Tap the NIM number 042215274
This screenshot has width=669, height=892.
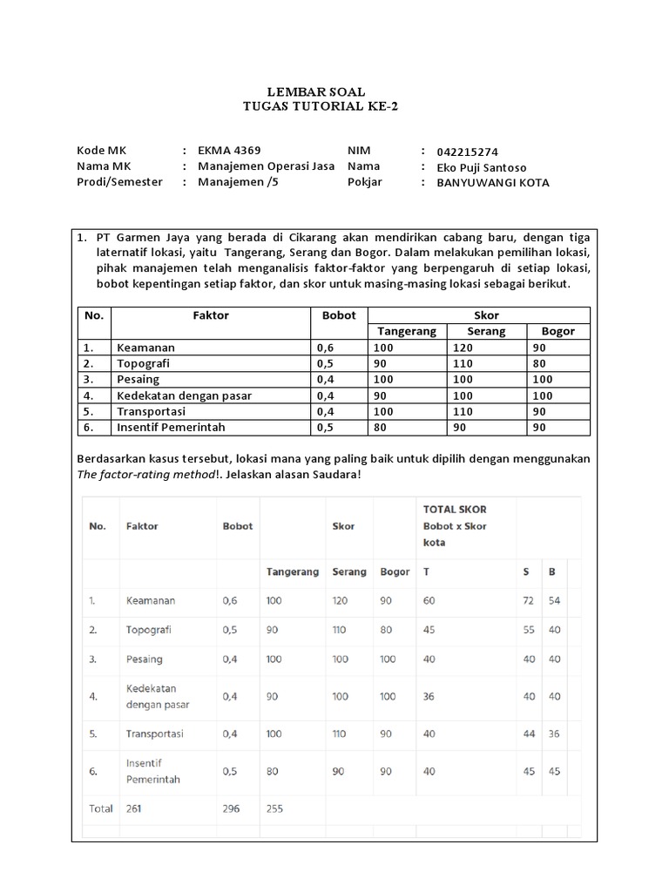click(x=468, y=152)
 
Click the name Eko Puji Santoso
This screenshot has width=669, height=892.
click(x=482, y=167)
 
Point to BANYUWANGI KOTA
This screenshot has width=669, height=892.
click(x=493, y=183)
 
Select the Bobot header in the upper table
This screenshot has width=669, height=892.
click(x=339, y=315)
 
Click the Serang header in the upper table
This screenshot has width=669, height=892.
click(x=486, y=331)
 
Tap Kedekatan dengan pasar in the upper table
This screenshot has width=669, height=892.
click(x=184, y=395)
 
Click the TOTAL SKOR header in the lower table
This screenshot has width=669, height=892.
click(x=454, y=509)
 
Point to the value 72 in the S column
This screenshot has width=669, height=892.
click(x=527, y=601)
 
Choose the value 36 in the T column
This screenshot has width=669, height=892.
click(x=429, y=696)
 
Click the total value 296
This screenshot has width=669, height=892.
click(x=231, y=808)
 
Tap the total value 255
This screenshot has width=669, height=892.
click(x=274, y=808)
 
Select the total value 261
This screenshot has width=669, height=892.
click(x=133, y=808)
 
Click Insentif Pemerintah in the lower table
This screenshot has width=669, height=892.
click(x=152, y=771)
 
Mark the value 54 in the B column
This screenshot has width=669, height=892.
click(x=553, y=601)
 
